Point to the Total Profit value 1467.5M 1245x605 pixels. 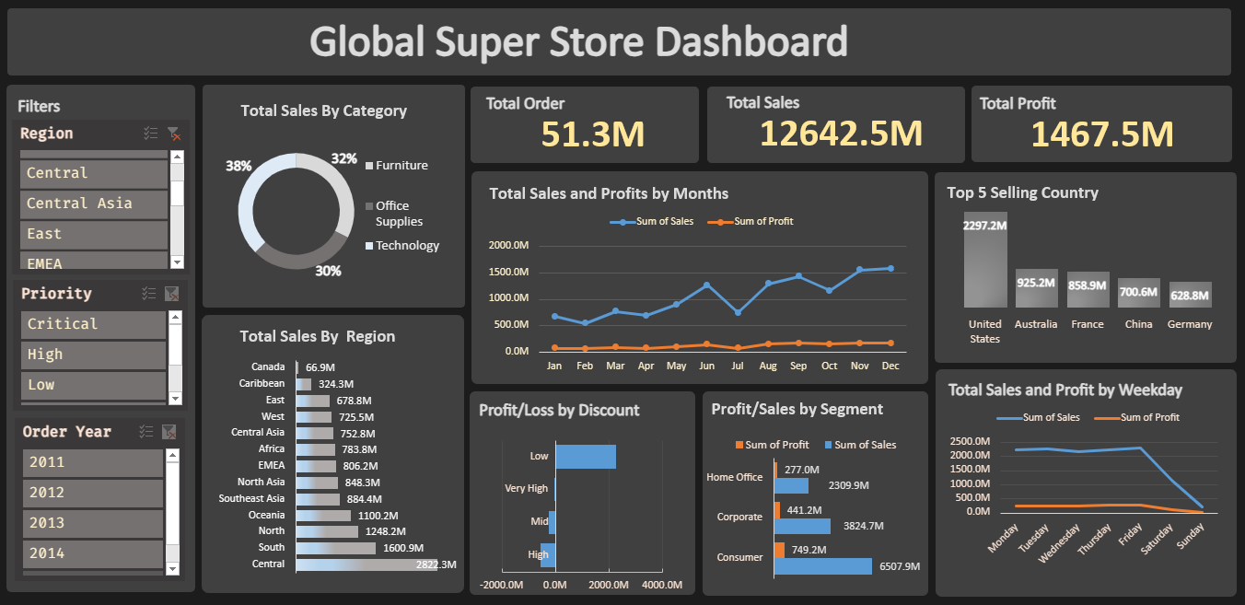(x=1101, y=134)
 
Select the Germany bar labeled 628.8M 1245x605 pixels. (x=1190, y=295)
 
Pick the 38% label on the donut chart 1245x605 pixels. (x=239, y=167)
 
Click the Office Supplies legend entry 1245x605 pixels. (x=398, y=214)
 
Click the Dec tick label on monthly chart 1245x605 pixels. (x=890, y=366)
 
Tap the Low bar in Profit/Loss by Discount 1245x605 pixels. (x=586, y=457)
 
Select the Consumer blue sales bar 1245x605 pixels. (x=822, y=566)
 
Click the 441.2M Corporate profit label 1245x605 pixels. (x=804, y=510)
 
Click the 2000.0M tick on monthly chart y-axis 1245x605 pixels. (x=508, y=246)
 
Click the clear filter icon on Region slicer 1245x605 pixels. (x=173, y=134)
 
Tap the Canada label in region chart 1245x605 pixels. (x=268, y=367)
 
